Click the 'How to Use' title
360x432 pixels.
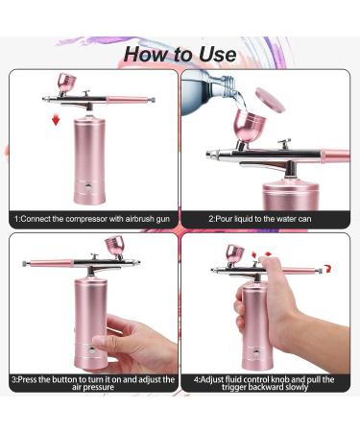[180, 54]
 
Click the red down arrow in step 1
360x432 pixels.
[56, 121]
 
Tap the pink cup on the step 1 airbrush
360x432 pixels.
[66, 82]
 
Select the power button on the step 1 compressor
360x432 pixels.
[87, 186]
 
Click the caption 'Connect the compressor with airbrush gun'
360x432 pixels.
[92, 219]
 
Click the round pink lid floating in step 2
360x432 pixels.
[271, 100]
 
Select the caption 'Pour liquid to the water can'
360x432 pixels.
[260, 219]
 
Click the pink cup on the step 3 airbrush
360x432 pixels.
[114, 246]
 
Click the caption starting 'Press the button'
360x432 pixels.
[93, 383]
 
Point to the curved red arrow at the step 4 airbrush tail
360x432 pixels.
[326, 269]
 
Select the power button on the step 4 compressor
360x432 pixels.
[256, 353]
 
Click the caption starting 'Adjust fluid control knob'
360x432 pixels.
[264, 383]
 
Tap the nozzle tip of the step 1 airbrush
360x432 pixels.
[44, 99]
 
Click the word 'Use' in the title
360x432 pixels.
[218, 54]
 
